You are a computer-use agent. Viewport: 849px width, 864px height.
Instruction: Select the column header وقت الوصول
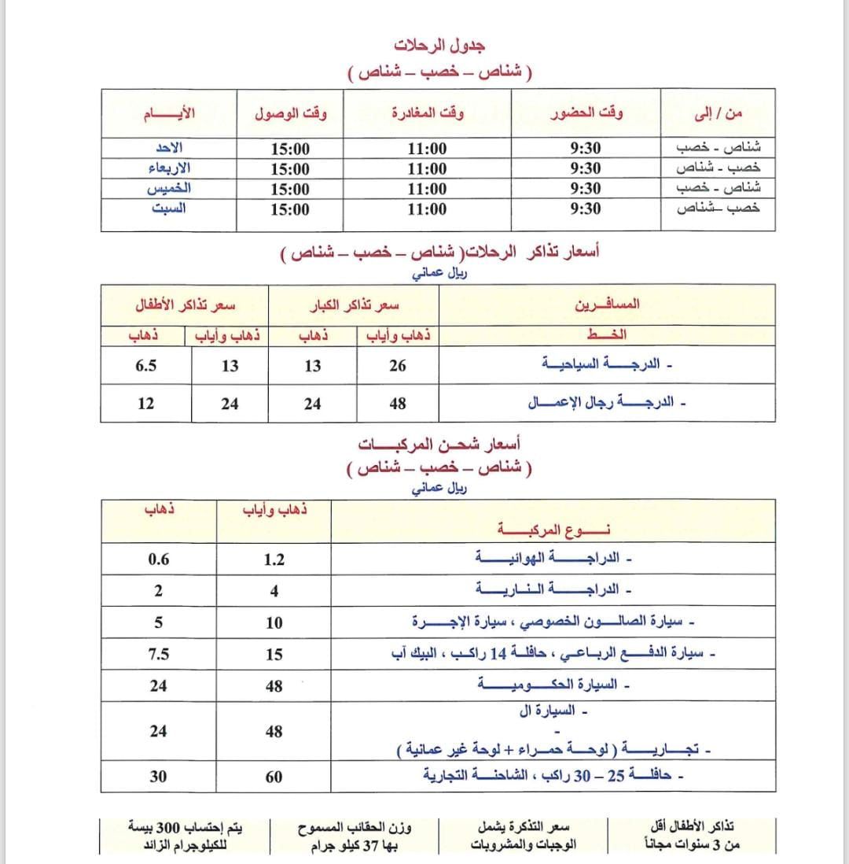(x=291, y=113)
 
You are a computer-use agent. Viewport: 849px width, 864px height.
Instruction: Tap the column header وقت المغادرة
(x=428, y=113)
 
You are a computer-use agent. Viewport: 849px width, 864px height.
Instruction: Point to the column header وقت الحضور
(x=586, y=113)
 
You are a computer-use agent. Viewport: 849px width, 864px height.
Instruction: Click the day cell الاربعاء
(x=170, y=168)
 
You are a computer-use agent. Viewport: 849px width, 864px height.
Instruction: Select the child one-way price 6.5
(x=145, y=366)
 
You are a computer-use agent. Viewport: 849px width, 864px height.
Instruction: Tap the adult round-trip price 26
(x=398, y=366)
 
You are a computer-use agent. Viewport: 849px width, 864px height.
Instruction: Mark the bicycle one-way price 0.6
(x=159, y=559)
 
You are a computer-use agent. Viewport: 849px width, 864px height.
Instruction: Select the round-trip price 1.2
(x=274, y=559)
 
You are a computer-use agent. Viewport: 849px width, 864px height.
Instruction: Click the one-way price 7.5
(x=159, y=654)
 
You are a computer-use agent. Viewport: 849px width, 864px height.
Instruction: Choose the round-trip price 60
(x=274, y=777)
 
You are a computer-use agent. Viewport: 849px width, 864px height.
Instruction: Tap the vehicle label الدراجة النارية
(x=547, y=589)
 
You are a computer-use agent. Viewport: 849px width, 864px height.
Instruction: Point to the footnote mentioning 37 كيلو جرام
(x=355, y=836)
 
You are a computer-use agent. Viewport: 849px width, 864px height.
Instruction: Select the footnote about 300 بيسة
(x=186, y=836)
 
